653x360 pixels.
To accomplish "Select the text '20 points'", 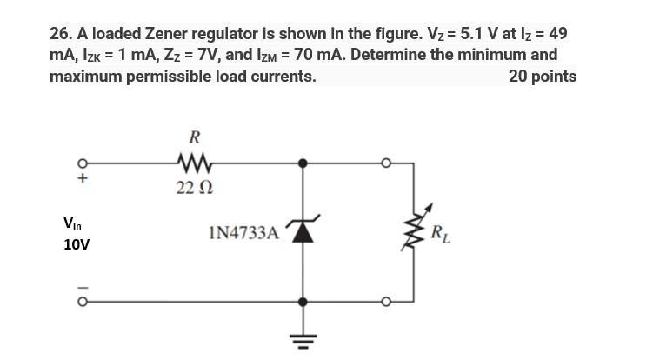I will (x=542, y=76).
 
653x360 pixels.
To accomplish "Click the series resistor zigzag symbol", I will (x=193, y=162).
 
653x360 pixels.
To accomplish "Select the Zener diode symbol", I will (x=302, y=230).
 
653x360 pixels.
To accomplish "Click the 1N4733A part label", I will (x=243, y=232).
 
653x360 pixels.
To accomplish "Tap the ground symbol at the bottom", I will (x=302, y=335).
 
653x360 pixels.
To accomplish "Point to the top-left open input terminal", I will (x=84, y=162).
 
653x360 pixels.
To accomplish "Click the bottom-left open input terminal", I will (x=84, y=302).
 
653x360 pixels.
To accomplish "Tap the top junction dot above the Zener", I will (x=302, y=162).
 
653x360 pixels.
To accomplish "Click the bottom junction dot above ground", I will (x=302, y=302).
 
